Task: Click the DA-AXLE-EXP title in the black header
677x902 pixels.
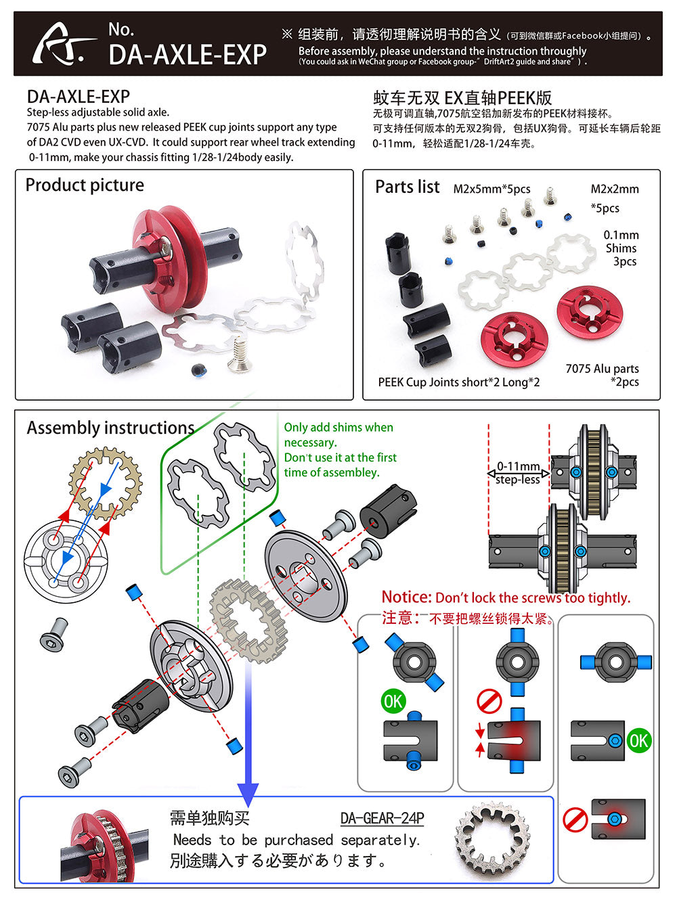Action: (x=188, y=54)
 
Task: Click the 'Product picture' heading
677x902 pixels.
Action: (x=85, y=185)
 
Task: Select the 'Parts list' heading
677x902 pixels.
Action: (x=407, y=187)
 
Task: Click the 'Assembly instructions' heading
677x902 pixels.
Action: (x=110, y=428)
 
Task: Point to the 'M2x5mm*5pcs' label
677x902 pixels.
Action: (x=492, y=189)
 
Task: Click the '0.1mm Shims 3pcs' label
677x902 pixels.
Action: (x=621, y=248)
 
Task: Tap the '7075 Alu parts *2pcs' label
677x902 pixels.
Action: (x=603, y=375)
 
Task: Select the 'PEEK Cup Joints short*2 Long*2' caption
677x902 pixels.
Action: (x=458, y=382)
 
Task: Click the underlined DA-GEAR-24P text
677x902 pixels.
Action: (x=382, y=818)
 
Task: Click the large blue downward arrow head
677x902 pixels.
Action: (x=248, y=792)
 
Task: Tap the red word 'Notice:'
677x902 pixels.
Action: (x=406, y=597)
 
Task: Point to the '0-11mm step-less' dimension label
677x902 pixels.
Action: (x=518, y=472)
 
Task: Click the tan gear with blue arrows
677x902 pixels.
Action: (x=106, y=483)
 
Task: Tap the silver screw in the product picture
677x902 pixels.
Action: (x=239, y=356)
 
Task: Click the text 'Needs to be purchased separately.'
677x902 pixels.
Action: (x=297, y=840)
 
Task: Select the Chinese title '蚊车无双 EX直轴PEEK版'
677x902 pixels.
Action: (x=462, y=97)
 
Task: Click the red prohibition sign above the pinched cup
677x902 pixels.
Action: (x=489, y=701)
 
